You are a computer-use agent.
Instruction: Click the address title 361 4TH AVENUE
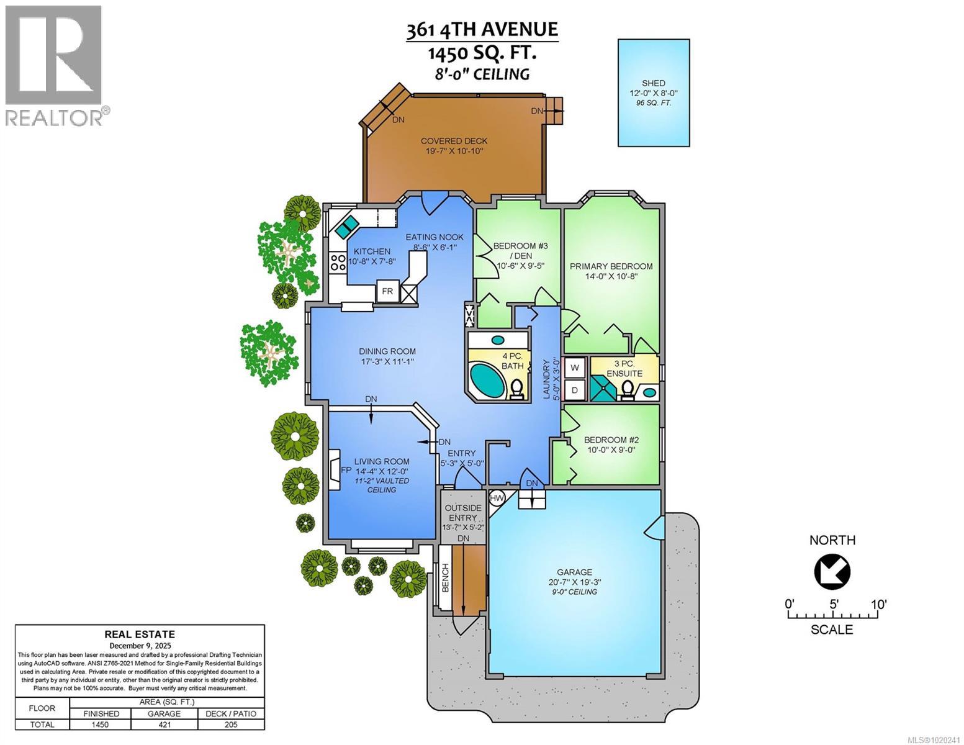pos(482,30)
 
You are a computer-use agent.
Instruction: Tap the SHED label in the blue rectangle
pos(653,83)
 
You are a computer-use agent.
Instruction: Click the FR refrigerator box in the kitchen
pos(387,291)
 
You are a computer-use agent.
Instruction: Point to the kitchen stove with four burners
pos(338,263)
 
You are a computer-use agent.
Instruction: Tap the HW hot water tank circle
pos(497,497)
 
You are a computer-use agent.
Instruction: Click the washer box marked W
pos(575,368)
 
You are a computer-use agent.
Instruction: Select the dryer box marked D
pos(575,390)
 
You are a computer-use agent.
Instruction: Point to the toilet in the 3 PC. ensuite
pos(628,389)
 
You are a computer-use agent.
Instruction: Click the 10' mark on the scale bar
pos(878,604)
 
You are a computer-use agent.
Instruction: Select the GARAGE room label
pos(574,572)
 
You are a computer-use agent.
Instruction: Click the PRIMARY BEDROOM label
pos(611,266)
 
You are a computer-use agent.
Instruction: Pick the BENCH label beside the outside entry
pos(445,577)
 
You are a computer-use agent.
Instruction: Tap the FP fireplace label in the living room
pos(346,470)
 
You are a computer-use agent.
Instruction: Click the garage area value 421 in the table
pos(164,725)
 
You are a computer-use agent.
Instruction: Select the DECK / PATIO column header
pos(230,713)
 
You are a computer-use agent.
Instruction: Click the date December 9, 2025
pos(140,645)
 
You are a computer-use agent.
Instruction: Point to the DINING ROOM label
pos(387,351)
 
